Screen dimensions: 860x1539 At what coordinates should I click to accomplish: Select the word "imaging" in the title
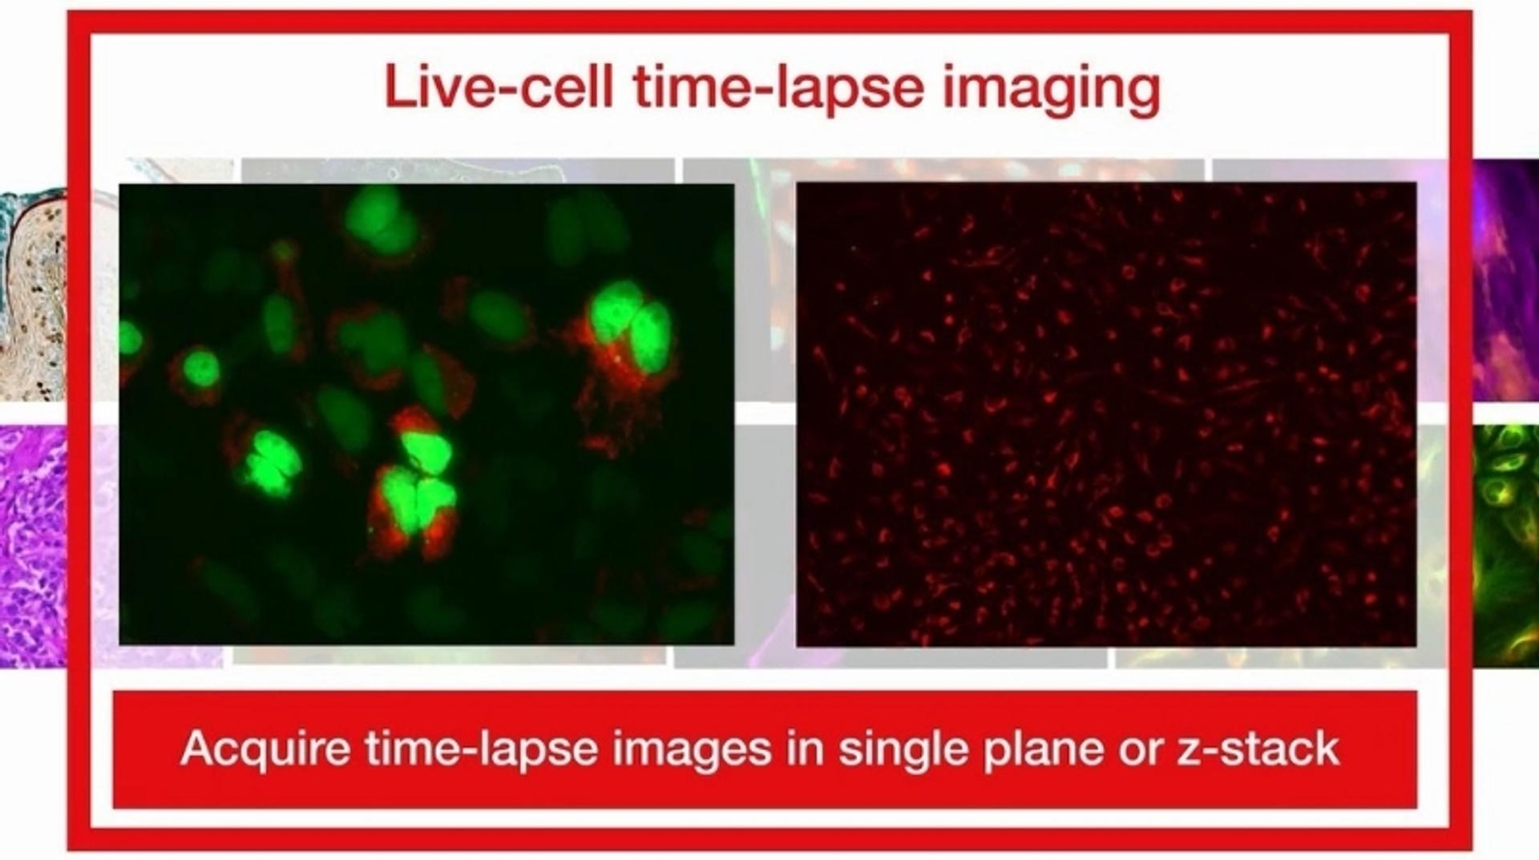[x=1051, y=90]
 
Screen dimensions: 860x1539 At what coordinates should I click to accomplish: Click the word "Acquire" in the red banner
[x=265, y=749]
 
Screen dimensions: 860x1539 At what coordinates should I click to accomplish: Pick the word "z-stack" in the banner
[x=1258, y=749]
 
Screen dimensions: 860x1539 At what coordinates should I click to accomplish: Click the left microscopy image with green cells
[x=426, y=414]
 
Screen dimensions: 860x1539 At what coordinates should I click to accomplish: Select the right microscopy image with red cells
[x=1106, y=414]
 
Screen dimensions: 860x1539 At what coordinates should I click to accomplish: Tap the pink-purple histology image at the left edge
[x=32, y=545]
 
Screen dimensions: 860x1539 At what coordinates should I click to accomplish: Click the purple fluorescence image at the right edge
[x=1505, y=281]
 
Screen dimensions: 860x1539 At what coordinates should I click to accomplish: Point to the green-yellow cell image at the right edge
[x=1505, y=545]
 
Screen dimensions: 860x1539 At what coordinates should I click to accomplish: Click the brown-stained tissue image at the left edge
[x=32, y=297]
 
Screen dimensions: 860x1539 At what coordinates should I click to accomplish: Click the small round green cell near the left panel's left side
[x=200, y=369]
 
